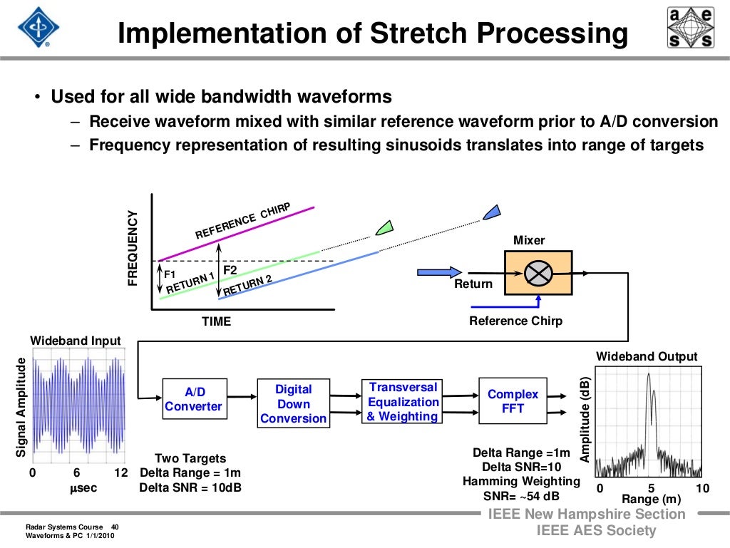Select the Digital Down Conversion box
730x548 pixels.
coord(293,403)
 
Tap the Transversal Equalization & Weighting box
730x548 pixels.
coord(402,402)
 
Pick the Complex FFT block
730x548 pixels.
coord(513,401)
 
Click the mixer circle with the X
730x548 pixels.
coord(538,273)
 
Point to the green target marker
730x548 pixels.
coord(385,227)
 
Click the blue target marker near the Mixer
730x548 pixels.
coord(491,211)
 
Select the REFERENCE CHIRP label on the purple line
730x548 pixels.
coord(243,220)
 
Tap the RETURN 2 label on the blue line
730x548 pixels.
coord(248,286)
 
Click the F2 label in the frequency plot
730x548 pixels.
coord(230,271)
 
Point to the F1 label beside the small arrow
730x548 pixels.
coord(170,274)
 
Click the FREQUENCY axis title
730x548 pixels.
coord(132,249)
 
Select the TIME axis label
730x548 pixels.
coord(216,322)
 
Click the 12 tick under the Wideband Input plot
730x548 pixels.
coord(120,473)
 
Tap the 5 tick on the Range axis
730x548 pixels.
coord(650,487)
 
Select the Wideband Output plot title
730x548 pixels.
coord(647,356)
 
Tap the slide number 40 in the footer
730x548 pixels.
coord(115,527)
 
